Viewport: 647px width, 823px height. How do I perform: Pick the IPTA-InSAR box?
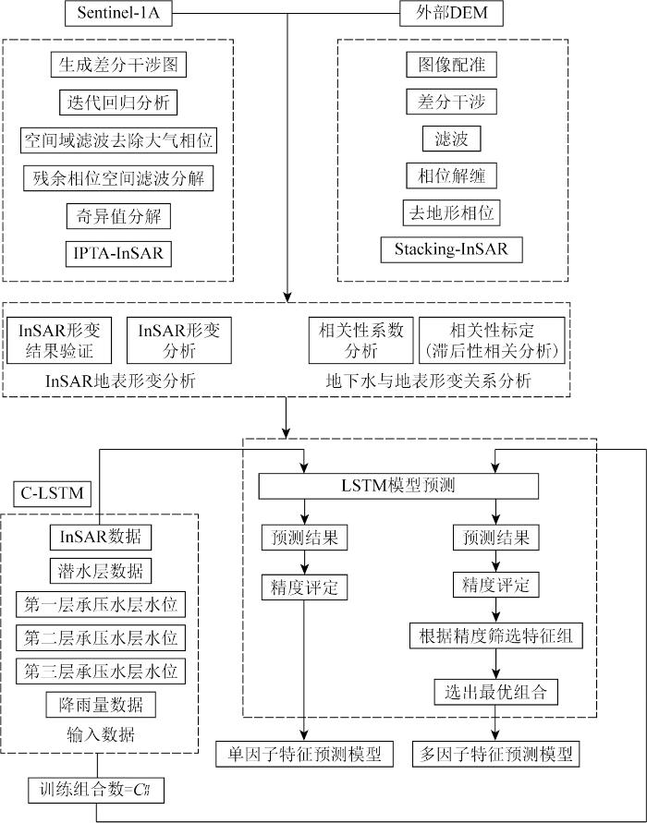tap(118, 252)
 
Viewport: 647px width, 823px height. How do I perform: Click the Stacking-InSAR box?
tap(451, 249)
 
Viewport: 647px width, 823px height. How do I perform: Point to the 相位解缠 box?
tap(452, 175)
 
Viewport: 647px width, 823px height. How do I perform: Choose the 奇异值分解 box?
tap(118, 216)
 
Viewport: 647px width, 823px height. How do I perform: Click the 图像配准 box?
tap(452, 65)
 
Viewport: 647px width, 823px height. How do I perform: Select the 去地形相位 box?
tap(452, 212)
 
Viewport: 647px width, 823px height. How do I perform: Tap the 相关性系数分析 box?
tap(361, 341)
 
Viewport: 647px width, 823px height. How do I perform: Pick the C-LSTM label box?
tap(51, 494)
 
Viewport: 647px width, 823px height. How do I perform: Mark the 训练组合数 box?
tap(95, 789)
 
